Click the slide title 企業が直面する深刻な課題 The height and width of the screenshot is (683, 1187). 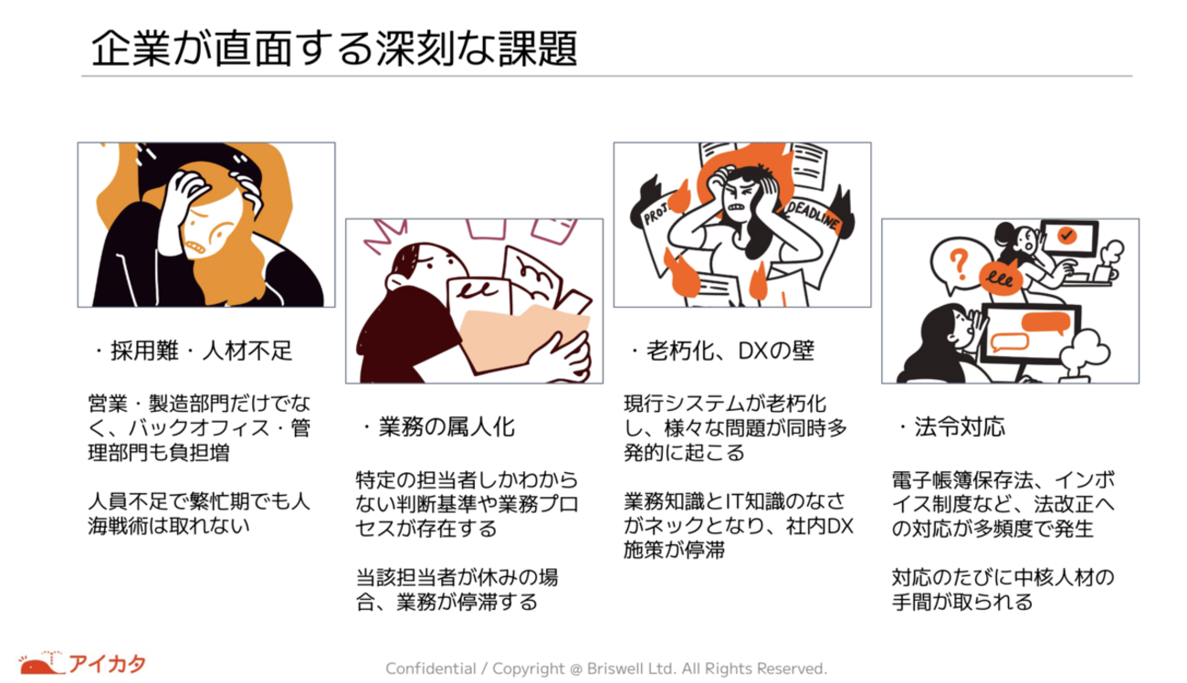[334, 48]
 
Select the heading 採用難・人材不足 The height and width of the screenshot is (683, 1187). [194, 351]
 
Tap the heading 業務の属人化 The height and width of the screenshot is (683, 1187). [438, 427]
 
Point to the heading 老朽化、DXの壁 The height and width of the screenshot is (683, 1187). [721, 351]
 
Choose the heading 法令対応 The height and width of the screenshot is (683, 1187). [952, 427]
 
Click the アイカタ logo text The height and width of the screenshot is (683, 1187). [108, 664]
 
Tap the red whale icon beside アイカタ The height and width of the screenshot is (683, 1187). [41, 664]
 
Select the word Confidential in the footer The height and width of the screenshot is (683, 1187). [431, 668]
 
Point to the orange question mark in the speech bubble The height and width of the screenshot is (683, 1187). [959, 264]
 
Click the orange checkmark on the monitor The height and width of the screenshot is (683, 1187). [1066, 235]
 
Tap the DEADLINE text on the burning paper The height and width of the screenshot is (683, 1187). [813, 215]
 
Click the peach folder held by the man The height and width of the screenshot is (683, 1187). [525, 339]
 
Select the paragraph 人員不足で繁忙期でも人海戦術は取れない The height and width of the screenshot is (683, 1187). [199, 513]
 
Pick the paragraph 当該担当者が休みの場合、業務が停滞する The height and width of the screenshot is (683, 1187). [457, 589]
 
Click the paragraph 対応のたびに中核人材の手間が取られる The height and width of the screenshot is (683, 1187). [1003, 589]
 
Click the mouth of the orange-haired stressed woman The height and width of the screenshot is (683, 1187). [196, 247]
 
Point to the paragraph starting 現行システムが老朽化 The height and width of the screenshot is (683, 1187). [736, 427]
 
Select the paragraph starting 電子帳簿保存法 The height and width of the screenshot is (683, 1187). [1003, 504]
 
